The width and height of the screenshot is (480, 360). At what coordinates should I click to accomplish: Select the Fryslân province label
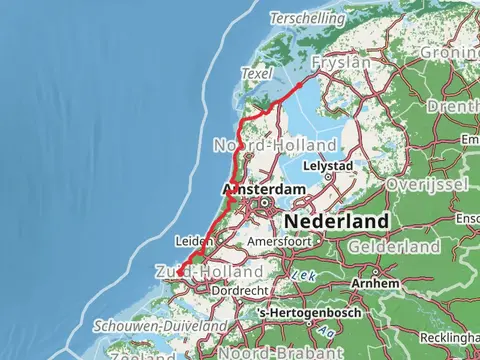click(x=341, y=62)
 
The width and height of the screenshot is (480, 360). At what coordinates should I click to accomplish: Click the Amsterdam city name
click(x=263, y=190)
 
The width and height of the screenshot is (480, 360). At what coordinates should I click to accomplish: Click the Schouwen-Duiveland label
click(x=160, y=326)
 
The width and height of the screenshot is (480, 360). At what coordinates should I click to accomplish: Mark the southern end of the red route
click(x=178, y=272)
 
